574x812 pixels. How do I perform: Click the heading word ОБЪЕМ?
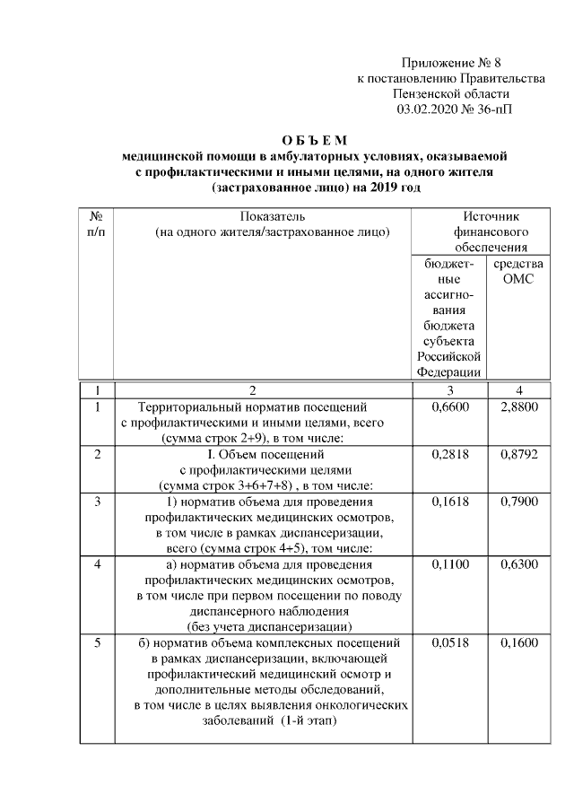pyautogui.click(x=313, y=140)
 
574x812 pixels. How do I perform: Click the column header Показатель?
pyautogui.click(x=272, y=216)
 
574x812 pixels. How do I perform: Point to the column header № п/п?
pyautogui.click(x=95, y=224)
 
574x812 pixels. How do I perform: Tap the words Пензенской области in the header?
pyautogui.click(x=451, y=94)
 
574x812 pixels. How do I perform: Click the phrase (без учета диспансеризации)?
pyautogui.click(x=268, y=625)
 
